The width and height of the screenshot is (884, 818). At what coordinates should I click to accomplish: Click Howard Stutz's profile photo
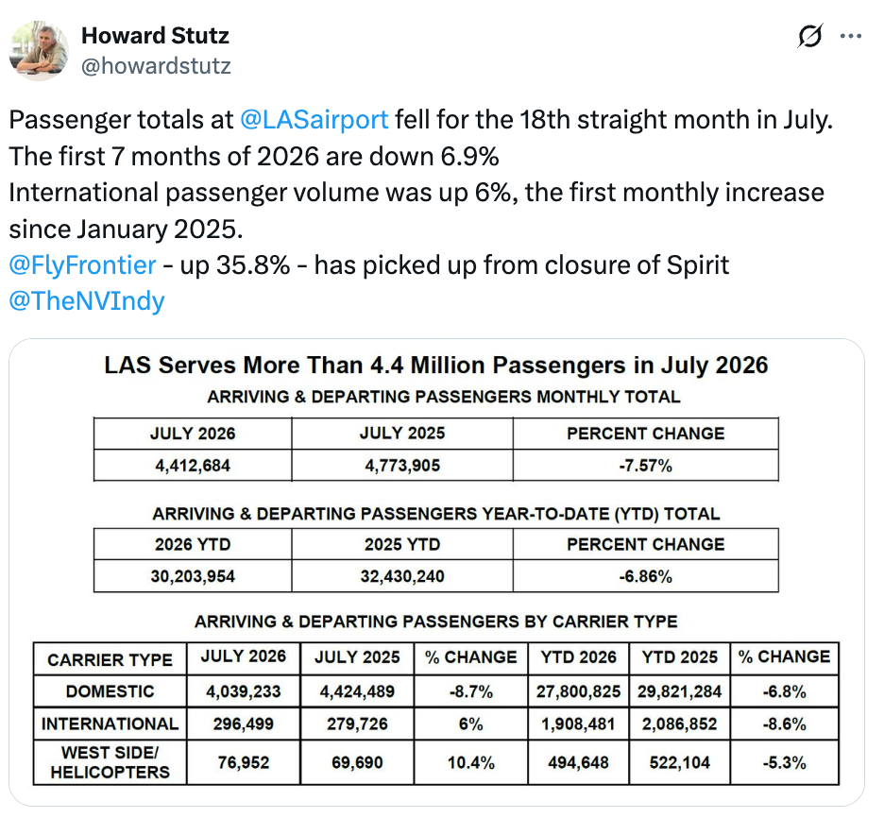[39, 51]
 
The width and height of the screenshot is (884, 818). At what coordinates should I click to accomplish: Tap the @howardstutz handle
[156, 66]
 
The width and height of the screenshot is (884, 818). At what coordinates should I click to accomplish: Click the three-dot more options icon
[851, 36]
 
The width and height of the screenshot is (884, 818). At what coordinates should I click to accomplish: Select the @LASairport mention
[314, 120]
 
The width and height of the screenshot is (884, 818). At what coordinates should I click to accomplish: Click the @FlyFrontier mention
[82, 265]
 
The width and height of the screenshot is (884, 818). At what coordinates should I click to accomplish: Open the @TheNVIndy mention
[87, 301]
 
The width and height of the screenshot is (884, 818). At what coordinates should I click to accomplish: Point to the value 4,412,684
[193, 466]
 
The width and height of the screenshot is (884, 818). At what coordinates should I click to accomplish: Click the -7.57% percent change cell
[645, 466]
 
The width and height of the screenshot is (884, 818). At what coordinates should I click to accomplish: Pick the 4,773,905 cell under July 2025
[402, 466]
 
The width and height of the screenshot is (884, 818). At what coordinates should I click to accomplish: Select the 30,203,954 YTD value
[193, 576]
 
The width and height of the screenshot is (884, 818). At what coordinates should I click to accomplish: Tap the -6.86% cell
[645, 576]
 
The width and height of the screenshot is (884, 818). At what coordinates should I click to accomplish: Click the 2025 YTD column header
[402, 545]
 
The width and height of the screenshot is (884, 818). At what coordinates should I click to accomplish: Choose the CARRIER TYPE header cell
[110, 659]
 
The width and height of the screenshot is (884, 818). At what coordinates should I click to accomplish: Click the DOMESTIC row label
[110, 691]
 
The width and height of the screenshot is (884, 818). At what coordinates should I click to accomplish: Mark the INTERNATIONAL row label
[110, 724]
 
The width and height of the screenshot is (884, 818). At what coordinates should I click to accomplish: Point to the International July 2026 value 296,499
[244, 724]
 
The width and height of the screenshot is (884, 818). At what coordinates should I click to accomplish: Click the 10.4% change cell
[470, 763]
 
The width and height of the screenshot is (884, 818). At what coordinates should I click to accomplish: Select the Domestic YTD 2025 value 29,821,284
[679, 691]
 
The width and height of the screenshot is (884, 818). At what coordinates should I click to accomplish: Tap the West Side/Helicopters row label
[110, 762]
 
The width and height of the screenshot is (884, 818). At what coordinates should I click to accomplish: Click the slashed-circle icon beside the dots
[810, 36]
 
